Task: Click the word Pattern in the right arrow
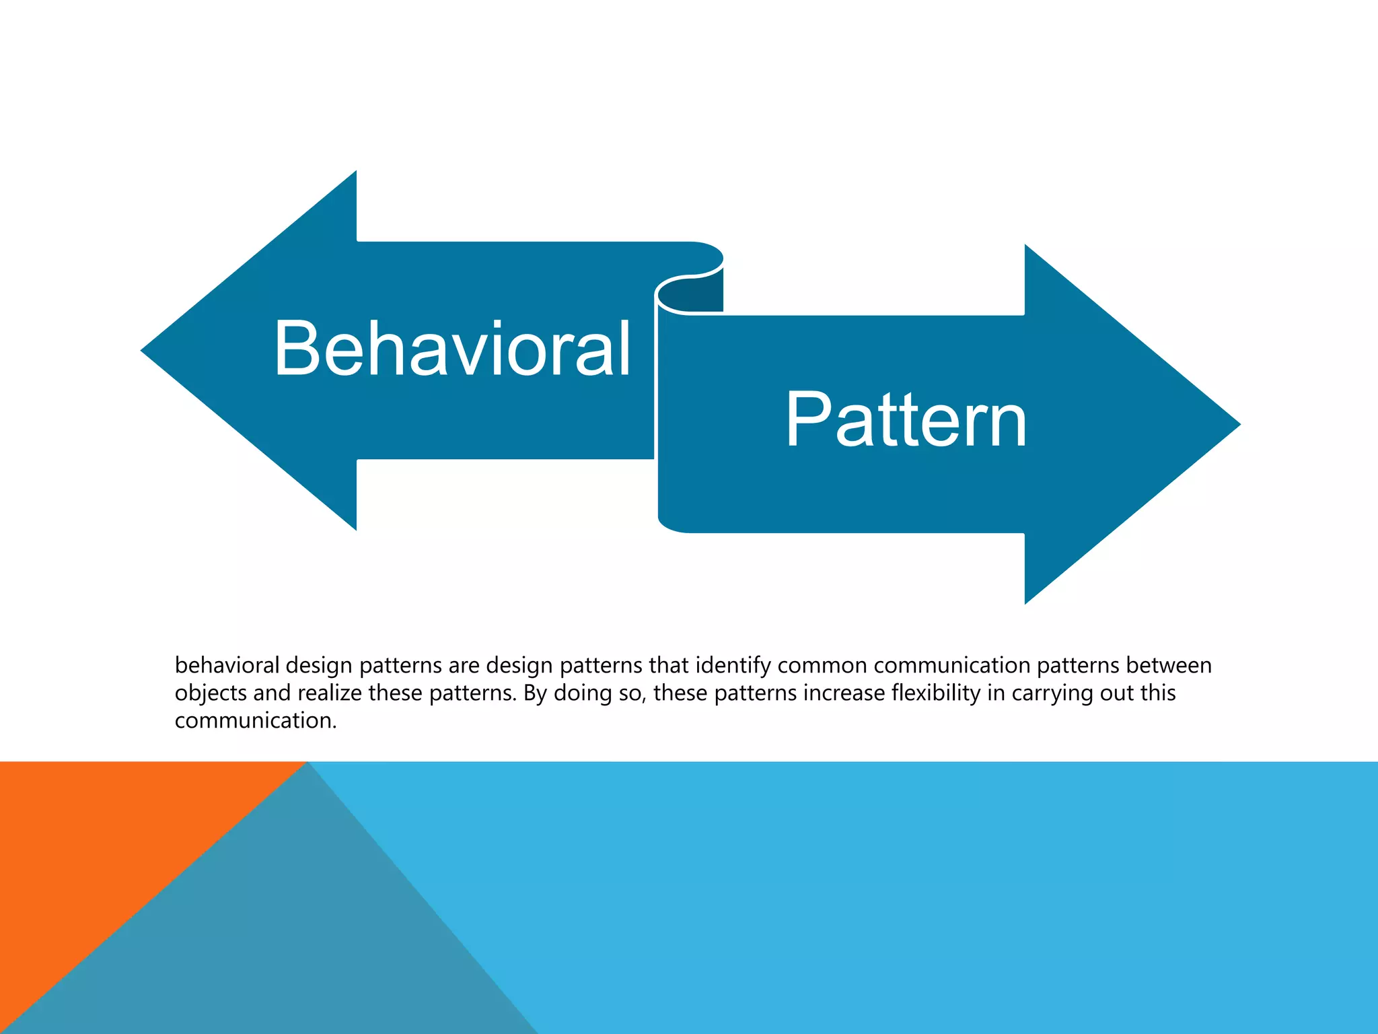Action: point(906,421)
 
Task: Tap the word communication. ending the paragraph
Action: point(255,721)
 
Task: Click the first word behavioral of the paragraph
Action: point(227,666)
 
